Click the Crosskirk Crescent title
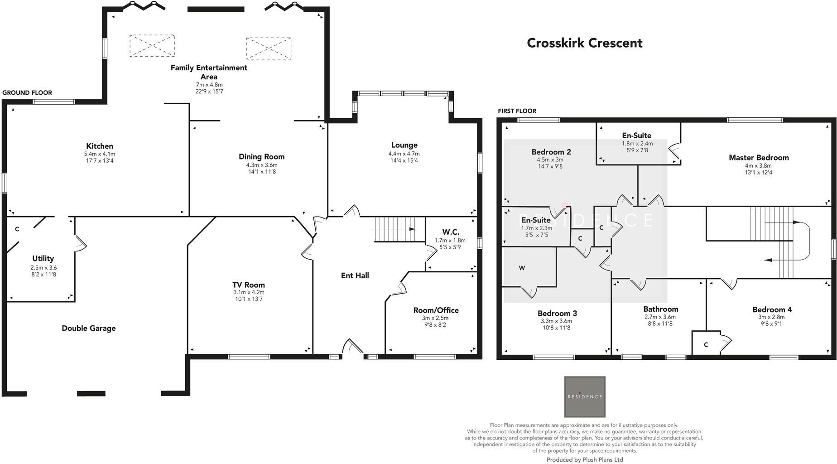coord(585,43)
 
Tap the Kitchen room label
coord(100,146)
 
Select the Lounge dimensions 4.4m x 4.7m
coord(404,154)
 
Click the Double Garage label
coord(89,328)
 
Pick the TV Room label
coord(249,285)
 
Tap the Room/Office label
coord(436,310)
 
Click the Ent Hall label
coord(355,275)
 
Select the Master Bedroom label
coord(759,158)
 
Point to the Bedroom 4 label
coord(772,309)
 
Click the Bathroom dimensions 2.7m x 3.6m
coord(660,317)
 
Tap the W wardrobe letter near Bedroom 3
coord(522,268)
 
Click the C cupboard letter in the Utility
coord(17,229)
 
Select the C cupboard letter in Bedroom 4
coord(706,345)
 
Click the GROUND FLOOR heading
coord(27,92)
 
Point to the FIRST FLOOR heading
coord(517,111)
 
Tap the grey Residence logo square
coord(585,396)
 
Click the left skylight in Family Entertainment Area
coord(152,46)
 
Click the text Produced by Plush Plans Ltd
coord(585,459)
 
